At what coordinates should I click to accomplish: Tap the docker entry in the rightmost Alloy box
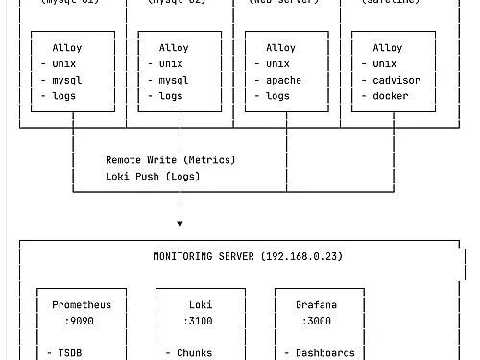(x=390, y=96)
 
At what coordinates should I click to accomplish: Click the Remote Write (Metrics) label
(x=170, y=160)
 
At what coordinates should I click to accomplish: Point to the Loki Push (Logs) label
(x=153, y=177)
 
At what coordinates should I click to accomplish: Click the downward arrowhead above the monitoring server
(x=180, y=224)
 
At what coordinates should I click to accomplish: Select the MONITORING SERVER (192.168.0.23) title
(x=248, y=257)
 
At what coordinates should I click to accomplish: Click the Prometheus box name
(x=82, y=305)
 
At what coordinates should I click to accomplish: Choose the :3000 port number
(x=316, y=322)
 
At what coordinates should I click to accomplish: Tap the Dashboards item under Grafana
(x=324, y=353)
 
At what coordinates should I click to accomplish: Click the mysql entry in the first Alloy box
(x=67, y=81)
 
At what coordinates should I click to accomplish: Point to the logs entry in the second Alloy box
(x=171, y=96)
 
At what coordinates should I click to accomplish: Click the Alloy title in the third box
(x=280, y=48)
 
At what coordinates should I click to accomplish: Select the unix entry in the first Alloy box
(x=64, y=64)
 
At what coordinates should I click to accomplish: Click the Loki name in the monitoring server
(x=201, y=305)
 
